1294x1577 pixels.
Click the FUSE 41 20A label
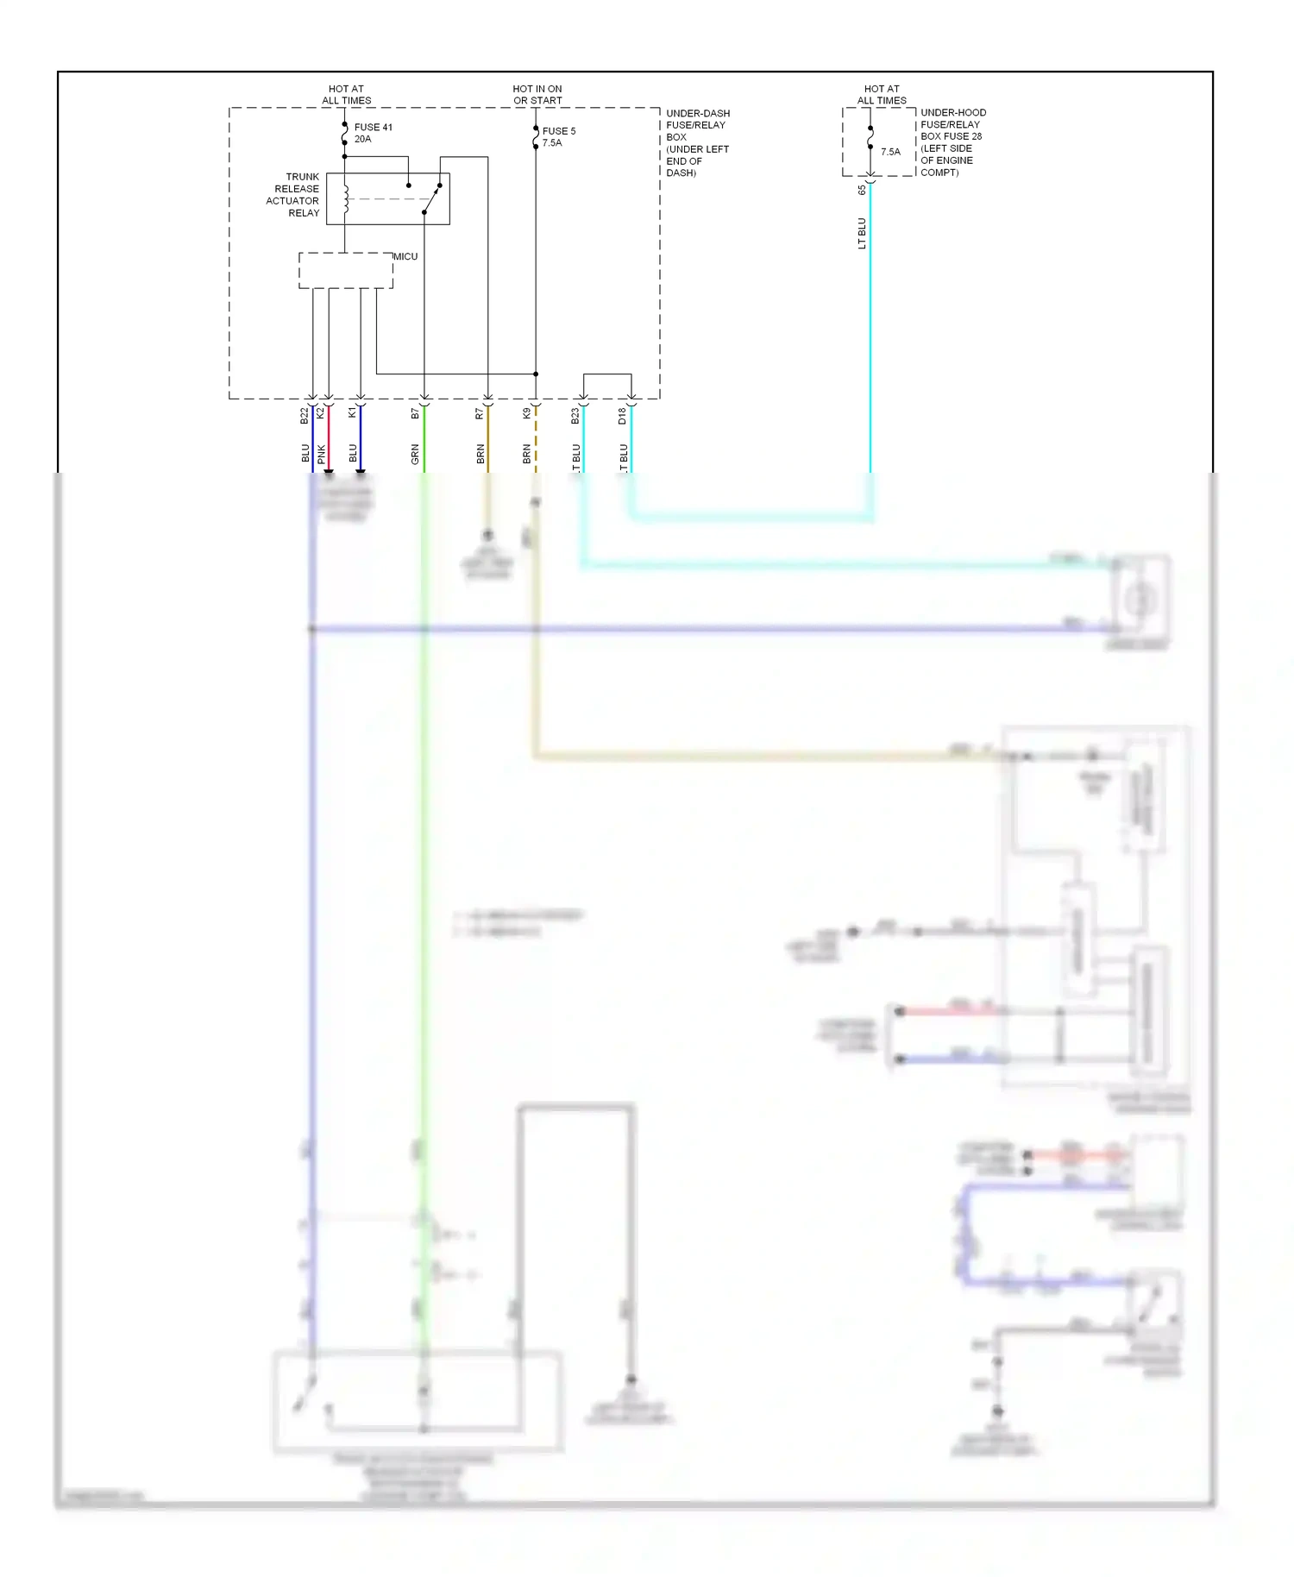(373, 133)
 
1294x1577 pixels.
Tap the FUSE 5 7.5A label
(558, 137)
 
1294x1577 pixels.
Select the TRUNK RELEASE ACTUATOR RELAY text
(293, 195)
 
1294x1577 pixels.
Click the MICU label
(405, 256)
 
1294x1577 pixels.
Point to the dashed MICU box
(345, 271)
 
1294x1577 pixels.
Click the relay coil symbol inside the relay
(345, 199)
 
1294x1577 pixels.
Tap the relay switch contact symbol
(430, 199)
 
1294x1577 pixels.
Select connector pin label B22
(305, 416)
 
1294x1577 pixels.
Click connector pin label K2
(321, 414)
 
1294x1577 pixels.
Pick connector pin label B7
(415, 414)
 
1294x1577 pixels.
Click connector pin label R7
(480, 414)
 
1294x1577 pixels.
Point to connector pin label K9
(527, 414)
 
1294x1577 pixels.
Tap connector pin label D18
(623, 416)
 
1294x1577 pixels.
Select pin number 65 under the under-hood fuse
(862, 190)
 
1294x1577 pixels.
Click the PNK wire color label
(322, 454)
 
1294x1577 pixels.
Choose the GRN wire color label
(415, 455)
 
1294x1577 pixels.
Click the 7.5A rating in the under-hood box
(890, 152)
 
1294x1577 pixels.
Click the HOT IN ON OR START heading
(537, 95)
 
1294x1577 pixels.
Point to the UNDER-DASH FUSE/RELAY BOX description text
(697, 143)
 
